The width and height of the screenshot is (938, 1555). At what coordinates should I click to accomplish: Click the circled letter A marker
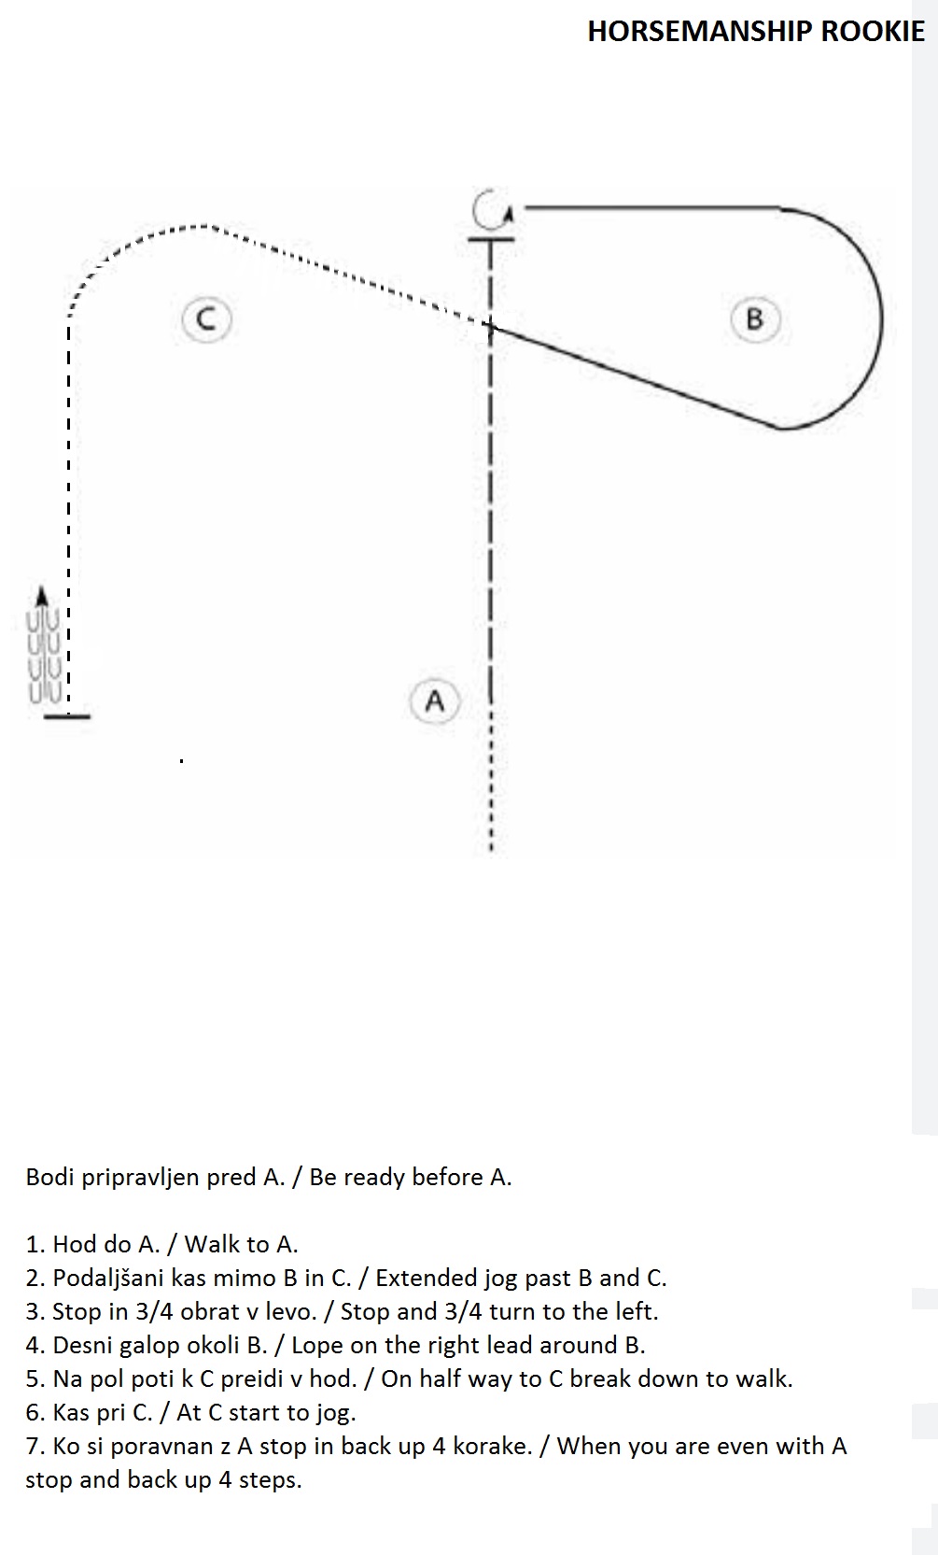click(435, 701)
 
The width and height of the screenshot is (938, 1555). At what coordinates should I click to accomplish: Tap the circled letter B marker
click(756, 319)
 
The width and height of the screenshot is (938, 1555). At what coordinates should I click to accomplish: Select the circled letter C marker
click(206, 319)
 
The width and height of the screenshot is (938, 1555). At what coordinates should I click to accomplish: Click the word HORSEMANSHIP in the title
click(700, 31)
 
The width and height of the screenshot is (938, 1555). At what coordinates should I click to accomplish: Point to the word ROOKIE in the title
click(873, 31)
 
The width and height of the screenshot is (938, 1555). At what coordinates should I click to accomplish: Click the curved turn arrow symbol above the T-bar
click(491, 208)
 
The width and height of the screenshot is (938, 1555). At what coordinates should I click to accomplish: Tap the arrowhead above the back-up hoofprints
click(42, 596)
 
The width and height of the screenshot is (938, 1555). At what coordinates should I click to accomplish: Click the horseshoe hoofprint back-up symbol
click(45, 656)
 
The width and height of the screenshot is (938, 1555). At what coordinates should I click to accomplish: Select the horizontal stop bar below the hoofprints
click(66, 715)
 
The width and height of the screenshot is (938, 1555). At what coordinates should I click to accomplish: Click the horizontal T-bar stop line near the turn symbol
click(491, 239)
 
